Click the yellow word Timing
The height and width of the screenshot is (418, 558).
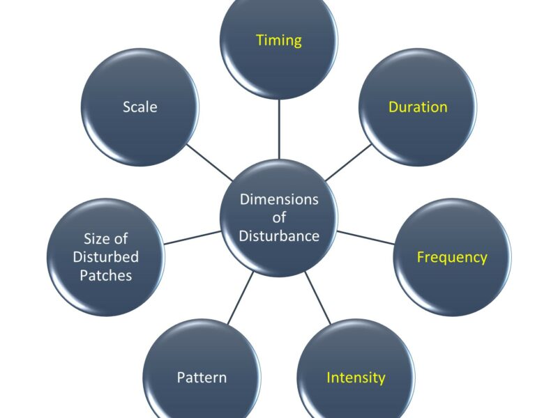[279, 40]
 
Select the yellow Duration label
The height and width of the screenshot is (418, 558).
[418, 107]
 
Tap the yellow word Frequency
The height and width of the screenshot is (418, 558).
[452, 257]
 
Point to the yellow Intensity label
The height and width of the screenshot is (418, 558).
[356, 378]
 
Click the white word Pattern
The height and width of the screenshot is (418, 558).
[202, 378]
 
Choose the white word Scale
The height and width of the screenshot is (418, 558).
[139, 107]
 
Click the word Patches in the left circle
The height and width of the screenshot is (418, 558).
[105, 275]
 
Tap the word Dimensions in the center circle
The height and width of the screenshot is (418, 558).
[279, 199]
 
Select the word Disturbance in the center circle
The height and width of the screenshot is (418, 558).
[279, 235]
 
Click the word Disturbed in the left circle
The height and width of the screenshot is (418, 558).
[105, 257]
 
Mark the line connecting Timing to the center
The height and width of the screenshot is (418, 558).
[279, 129]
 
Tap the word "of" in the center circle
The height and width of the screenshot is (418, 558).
[279, 217]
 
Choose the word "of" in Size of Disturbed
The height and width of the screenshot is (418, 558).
[121, 239]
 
